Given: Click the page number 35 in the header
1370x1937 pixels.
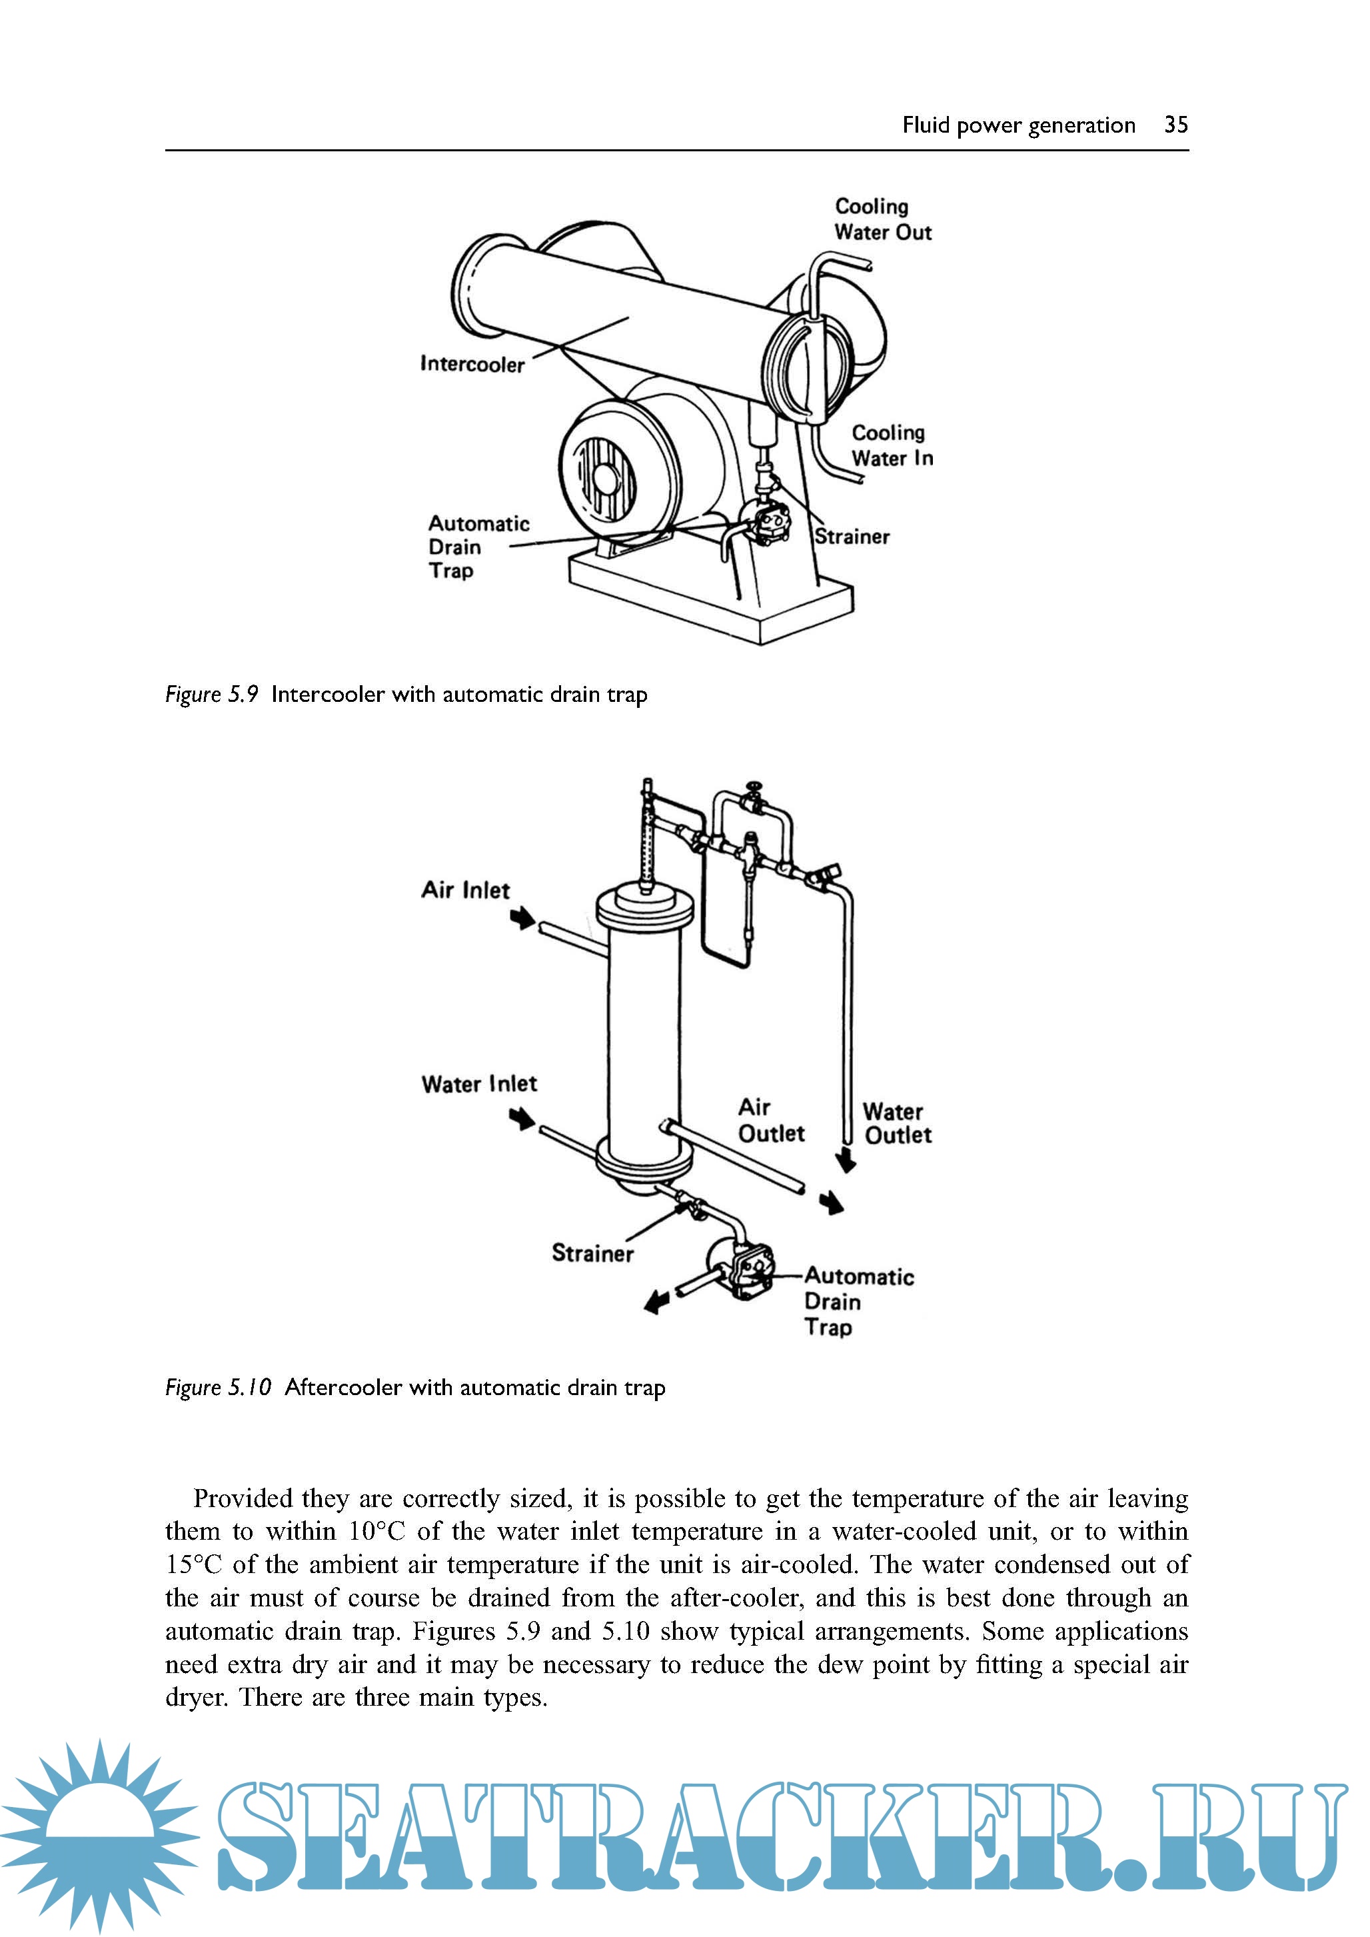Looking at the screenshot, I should (1175, 125).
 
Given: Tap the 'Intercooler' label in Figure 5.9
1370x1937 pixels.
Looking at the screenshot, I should (472, 365).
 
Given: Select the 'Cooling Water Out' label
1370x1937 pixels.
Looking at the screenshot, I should (882, 219).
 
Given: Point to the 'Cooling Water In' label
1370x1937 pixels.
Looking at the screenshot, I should (892, 445).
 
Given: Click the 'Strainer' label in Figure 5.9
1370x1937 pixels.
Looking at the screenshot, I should (852, 537).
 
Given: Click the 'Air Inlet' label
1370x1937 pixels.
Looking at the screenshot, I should (465, 890).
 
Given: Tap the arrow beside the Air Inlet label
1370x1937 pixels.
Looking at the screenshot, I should (524, 917).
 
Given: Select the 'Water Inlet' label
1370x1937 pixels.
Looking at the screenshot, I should (478, 1084).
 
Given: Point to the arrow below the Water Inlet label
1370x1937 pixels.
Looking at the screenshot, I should (522, 1118).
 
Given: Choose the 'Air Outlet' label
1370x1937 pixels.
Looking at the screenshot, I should (770, 1120).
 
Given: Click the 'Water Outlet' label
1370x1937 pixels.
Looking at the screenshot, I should (897, 1124).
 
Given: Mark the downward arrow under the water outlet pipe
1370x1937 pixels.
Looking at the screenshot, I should (846, 1161).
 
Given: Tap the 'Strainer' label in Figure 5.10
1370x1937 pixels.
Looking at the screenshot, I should (592, 1254).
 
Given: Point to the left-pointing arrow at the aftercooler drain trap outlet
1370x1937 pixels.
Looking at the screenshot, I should (656, 1303).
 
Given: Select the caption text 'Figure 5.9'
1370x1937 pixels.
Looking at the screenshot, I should (211, 695).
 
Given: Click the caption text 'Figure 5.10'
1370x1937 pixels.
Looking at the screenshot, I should (218, 1388).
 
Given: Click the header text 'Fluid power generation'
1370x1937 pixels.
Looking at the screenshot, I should (1018, 125).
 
